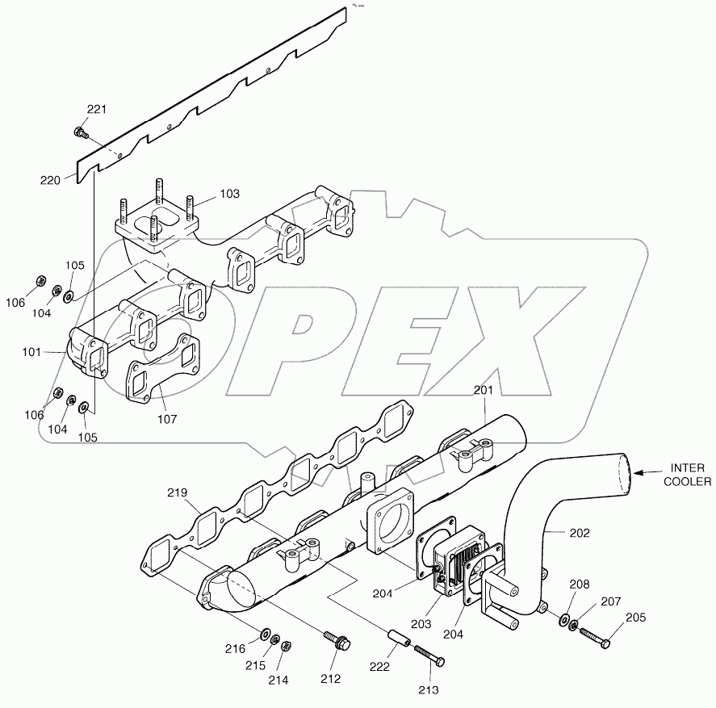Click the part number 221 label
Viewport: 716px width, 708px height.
point(96,109)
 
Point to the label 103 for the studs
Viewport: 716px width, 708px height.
point(230,195)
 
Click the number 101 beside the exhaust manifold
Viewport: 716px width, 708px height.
point(53,352)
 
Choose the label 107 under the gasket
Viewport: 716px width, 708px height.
point(167,419)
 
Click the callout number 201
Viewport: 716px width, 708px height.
point(483,391)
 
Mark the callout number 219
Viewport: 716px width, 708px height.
point(178,492)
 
